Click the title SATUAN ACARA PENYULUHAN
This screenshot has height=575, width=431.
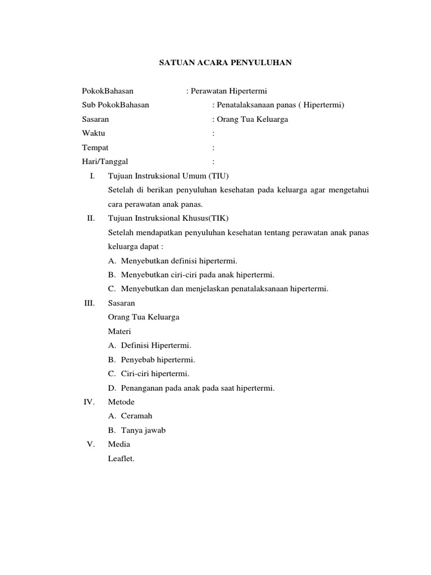pos(215,63)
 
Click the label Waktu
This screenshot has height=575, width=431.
pos(94,134)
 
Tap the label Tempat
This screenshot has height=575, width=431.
pos(95,148)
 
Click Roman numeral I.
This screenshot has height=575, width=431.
pos(93,176)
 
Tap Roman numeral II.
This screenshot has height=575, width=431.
pos(91,218)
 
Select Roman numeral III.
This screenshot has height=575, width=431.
pos(90,303)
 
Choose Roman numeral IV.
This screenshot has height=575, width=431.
pos(90,402)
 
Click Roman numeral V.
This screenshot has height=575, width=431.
pos(91,444)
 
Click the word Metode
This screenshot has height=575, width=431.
pos(121,402)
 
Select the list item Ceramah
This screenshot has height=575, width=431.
pos(136,416)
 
